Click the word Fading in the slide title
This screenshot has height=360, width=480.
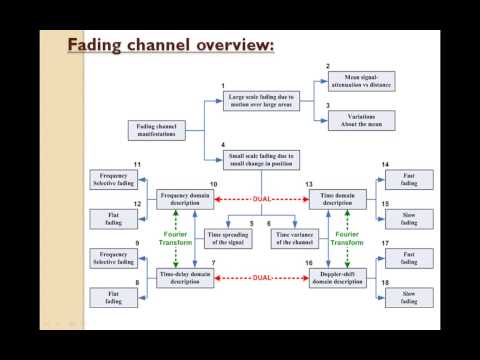pos(96,46)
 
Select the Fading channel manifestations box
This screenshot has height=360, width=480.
pos(157,130)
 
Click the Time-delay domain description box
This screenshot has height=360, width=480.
pos(185,275)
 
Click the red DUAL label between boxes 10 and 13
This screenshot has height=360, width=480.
pos(260,198)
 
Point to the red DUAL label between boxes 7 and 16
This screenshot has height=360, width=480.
pos(260,275)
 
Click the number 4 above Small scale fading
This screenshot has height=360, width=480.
pos(223,146)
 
